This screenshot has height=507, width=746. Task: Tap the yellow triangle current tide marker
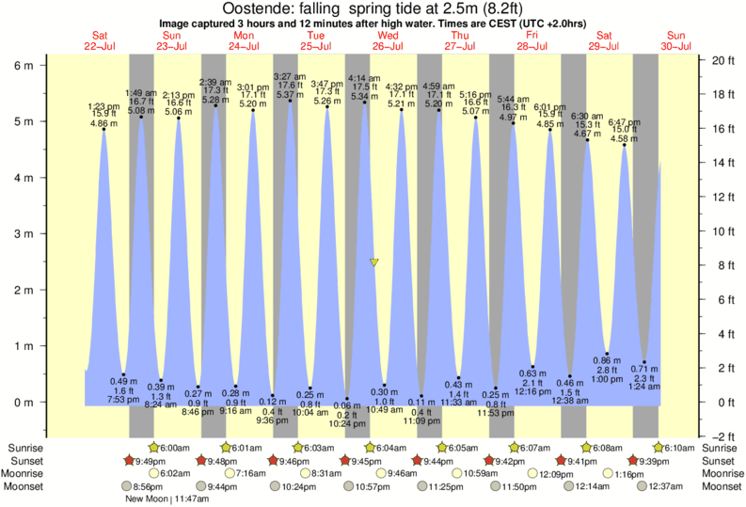[374, 262]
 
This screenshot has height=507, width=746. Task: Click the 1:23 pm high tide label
[103, 105]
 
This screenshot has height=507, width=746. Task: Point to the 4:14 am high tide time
[364, 78]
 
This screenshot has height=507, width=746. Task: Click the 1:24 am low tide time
[644, 387]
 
